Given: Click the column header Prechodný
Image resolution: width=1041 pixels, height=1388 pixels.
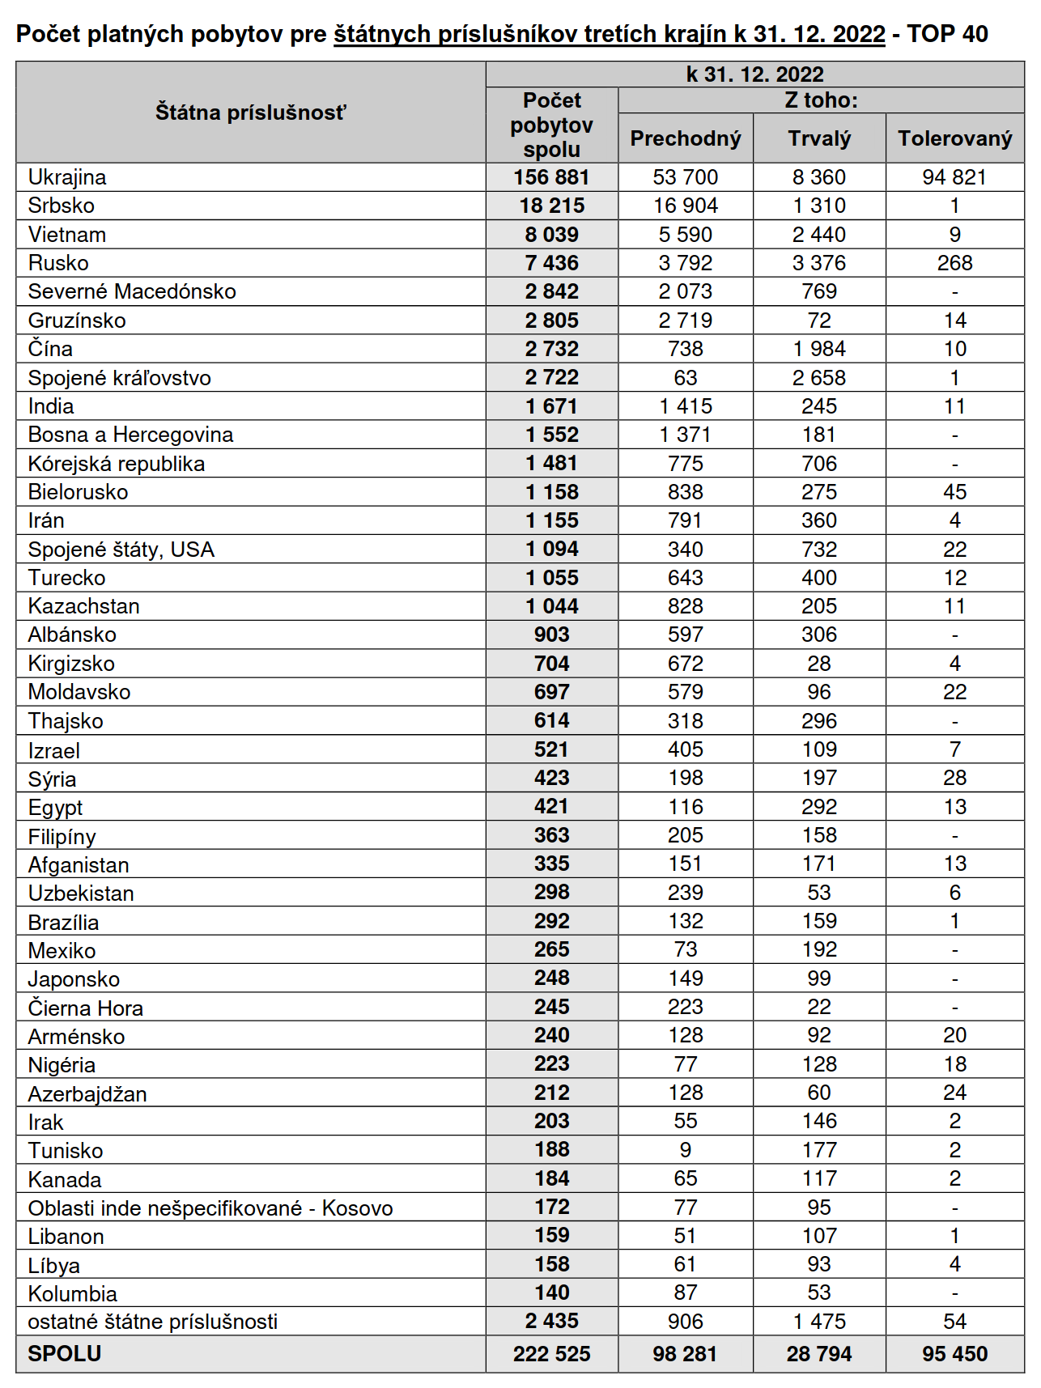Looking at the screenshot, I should click(x=685, y=138).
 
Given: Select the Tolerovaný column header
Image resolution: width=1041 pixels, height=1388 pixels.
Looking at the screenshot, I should click(x=954, y=138).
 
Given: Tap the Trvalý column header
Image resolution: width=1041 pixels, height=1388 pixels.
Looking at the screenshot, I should click(x=819, y=138).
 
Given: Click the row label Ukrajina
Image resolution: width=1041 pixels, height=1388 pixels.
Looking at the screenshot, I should click(x=67, y=177).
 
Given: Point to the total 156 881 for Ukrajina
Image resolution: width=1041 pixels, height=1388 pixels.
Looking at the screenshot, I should click(x=551, y=177).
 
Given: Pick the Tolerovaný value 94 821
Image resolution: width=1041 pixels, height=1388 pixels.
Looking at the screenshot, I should click(x=954, y=177).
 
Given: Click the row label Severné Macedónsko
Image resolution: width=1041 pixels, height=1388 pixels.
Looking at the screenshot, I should click(x=132, y=291).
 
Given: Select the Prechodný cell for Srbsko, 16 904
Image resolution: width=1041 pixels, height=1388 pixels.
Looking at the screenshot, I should click(x=685, y=206).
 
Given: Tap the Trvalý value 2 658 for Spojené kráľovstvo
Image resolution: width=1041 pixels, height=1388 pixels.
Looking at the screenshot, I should click(x=819, y=378).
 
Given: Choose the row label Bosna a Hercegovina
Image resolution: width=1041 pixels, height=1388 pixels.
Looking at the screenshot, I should click(x=130, y=435).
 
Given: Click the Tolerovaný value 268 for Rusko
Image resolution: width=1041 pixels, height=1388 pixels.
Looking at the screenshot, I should click(x=954, y=263).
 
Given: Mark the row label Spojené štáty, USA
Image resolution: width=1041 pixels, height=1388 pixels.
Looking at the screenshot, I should click(x=121, y=550).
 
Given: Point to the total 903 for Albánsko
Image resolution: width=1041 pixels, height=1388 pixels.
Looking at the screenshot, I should click(x=551, y=635).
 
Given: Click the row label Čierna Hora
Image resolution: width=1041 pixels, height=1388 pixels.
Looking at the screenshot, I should click(x=85, y=1008).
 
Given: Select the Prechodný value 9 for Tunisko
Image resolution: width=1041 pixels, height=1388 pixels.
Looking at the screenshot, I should click(x=685, y=1150).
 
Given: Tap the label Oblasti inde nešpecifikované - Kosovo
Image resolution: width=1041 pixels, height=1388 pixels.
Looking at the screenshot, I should click(x=210, y=1208).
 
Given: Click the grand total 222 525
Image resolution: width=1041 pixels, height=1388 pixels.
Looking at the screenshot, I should click(x=551, y=1354).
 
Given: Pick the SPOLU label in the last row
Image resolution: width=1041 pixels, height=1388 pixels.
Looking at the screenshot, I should click(x=65, y=1354).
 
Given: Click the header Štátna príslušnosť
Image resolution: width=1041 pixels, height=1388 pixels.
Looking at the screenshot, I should click(x=250, y=112).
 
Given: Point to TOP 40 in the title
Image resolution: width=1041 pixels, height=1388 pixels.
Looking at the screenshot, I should click(x=947, y=34).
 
